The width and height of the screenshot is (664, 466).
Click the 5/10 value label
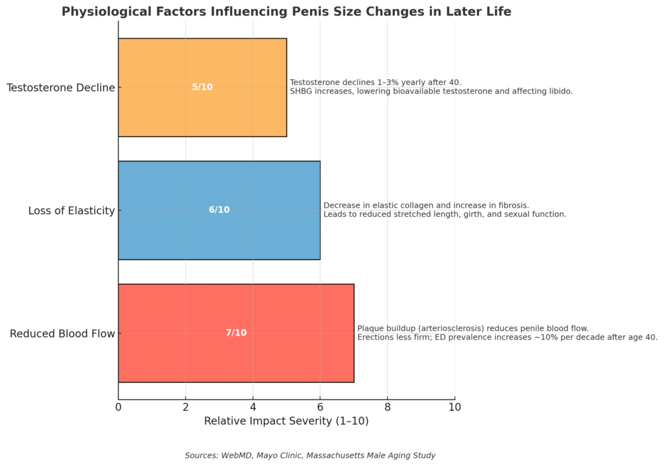202,87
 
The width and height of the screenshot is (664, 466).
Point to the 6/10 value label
219,210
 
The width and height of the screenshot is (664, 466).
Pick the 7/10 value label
236,333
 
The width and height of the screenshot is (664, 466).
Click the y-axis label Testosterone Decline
60,88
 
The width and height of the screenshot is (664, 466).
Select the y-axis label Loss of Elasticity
71,210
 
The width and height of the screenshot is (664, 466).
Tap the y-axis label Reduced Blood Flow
62,334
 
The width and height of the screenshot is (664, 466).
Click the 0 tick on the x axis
118,407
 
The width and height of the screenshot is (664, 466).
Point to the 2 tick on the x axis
185,407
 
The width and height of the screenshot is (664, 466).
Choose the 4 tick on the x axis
253,407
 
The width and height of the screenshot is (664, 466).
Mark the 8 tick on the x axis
388,407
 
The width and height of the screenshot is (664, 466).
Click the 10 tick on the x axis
455,407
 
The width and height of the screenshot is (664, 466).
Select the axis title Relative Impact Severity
286,421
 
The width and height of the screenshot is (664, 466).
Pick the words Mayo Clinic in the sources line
275,456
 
